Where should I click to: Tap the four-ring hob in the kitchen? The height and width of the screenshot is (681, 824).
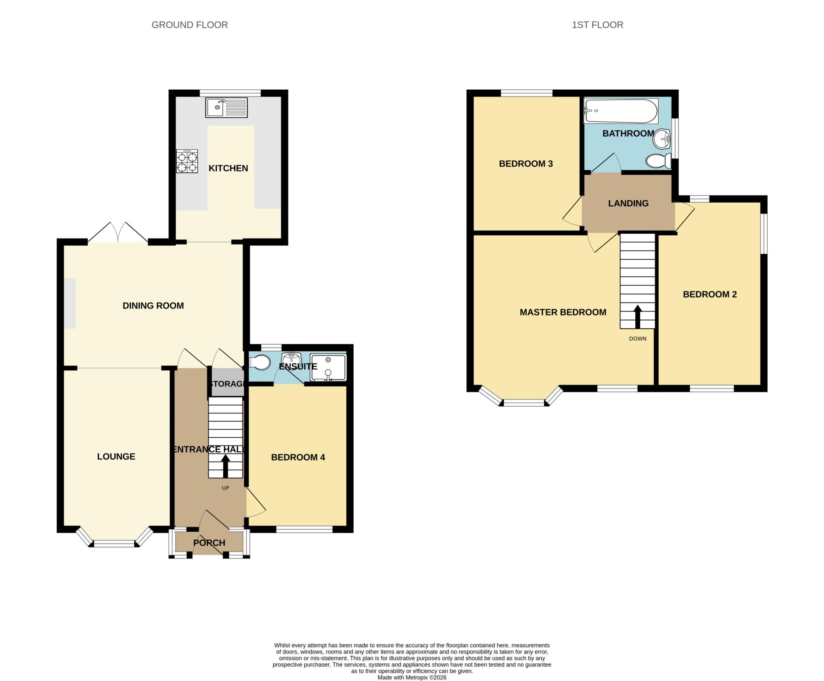point(187,161)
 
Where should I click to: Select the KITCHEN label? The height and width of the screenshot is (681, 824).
point(228,169)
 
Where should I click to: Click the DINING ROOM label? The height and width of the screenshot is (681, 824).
point(153,306)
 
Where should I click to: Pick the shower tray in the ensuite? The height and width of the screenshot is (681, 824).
point(328,368)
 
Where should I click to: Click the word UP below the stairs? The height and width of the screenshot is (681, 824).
point(225,488)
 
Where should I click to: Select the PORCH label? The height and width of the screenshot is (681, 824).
point(209,543)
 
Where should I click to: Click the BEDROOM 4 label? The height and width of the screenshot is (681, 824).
point(298,457)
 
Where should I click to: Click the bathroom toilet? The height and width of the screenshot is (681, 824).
point(658,161)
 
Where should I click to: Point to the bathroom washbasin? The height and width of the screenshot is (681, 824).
point(662,140)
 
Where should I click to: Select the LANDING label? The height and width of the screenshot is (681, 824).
point(628,204)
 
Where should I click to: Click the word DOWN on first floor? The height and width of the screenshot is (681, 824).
point(638,339)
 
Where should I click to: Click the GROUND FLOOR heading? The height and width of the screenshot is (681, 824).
point(190,25)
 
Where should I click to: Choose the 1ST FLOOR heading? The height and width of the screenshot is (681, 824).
point(597,25)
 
